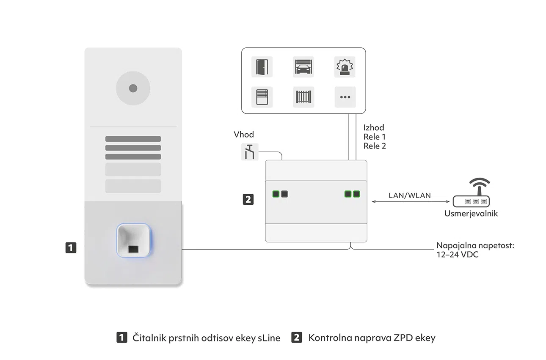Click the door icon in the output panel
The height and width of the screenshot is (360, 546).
[x=262, y=67]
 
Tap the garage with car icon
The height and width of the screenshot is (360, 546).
[x=303, y=67]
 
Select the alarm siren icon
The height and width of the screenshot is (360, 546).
[x=345, y=67]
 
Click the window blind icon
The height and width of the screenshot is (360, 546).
[x=262, y=97]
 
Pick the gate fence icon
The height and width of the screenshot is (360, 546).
[x=303, y=97]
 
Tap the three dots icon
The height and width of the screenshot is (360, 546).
[x=345, y=97]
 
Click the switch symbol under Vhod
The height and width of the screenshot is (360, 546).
[x=250, y=152]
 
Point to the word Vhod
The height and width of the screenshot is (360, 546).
[x=244, y=135]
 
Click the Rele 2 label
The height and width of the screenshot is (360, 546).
[x=375, y=146]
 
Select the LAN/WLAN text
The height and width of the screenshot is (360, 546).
[x=410, y=195]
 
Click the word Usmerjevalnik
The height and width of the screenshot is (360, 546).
[x=471, y=214]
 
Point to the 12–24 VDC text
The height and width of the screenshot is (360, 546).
[x=458, y=255]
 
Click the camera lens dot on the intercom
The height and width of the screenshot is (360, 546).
[x=133, y=88]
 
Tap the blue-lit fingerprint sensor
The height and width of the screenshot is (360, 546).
[x=133, y=240]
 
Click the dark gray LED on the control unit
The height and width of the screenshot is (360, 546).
[x=284, y=194]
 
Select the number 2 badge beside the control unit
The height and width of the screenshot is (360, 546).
[x=248, y=199]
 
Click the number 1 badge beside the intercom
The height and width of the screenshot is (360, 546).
[x=71, y=247]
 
